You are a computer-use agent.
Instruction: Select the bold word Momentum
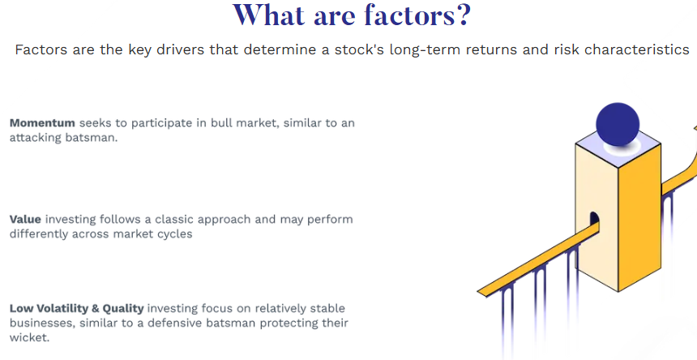pos(42,123)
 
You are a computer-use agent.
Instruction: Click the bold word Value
pos(25,219)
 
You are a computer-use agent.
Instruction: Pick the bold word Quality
pos(123,309)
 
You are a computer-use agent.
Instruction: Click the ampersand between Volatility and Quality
pos(96,308)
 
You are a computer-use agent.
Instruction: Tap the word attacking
pos(36,138)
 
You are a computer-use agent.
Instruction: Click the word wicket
pos(29,337)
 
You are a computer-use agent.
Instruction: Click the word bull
pos(221,123)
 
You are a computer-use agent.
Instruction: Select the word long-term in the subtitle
pos(425,49)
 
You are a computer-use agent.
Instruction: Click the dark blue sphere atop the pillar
pos(618,124)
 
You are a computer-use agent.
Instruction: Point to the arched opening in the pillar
pos(594,220)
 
